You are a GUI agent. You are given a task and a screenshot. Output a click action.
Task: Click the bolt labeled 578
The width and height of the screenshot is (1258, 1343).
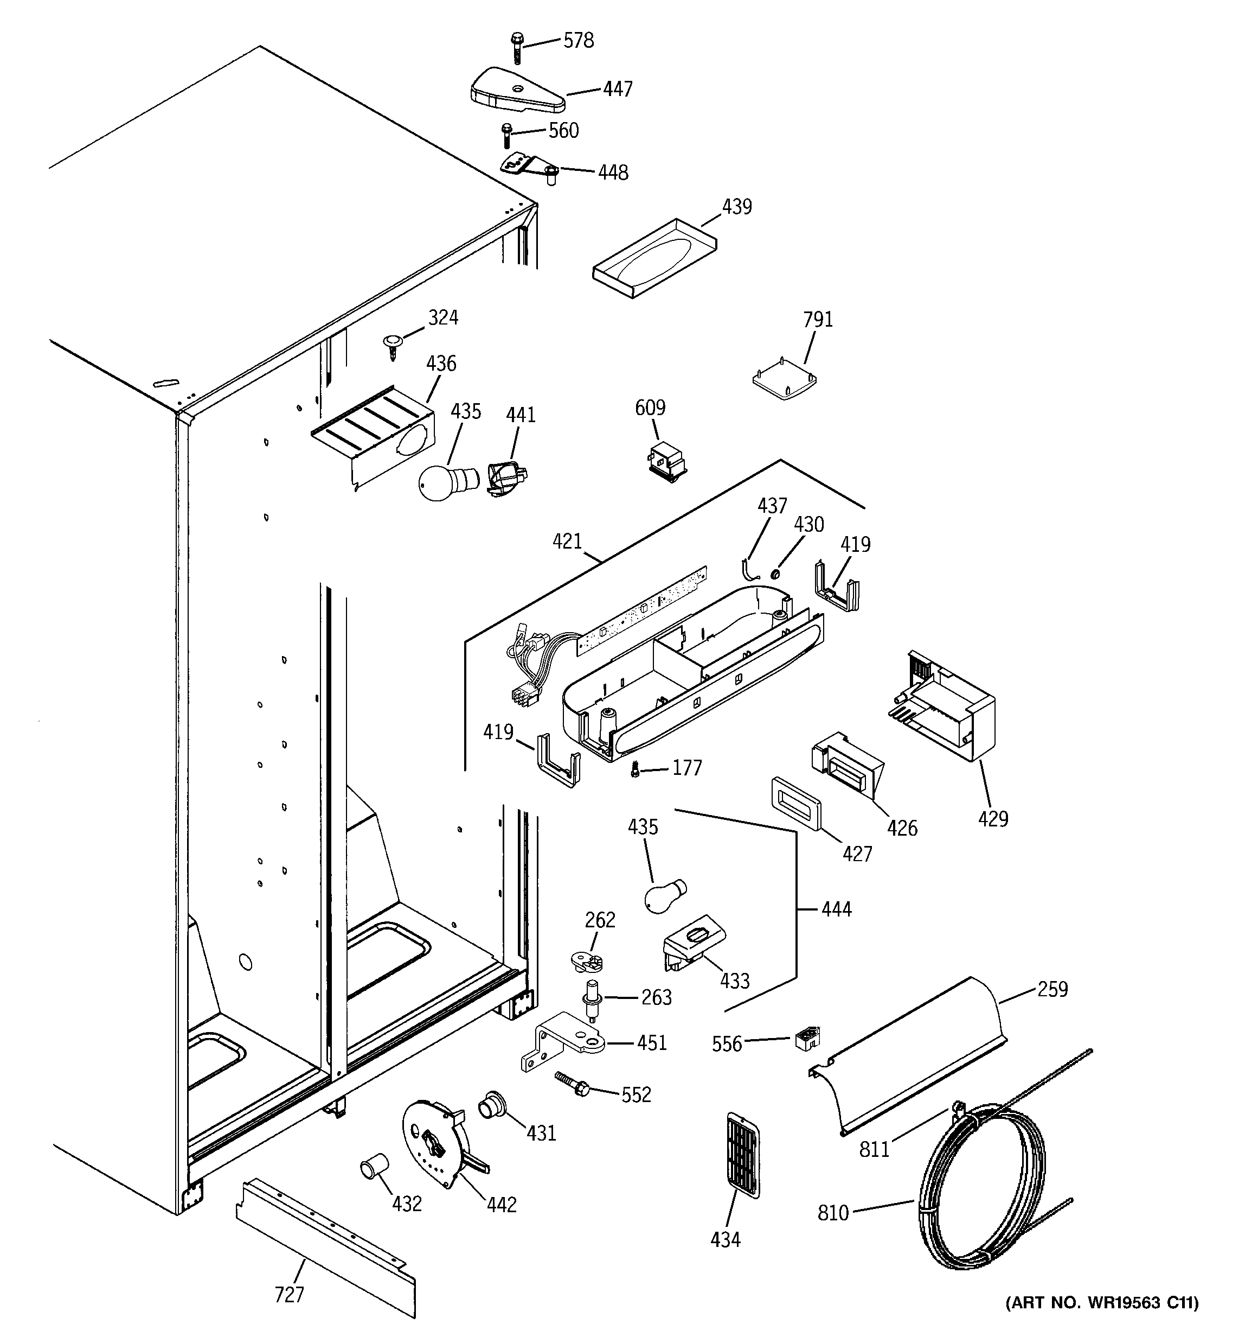tap(518, 47)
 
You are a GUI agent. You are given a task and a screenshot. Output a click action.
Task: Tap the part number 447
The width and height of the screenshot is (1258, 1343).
tap(618, 89)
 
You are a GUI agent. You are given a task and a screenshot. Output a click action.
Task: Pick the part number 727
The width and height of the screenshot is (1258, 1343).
tap(289, 1294)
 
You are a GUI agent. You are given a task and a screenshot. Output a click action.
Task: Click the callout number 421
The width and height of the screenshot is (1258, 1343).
tap(567, 541)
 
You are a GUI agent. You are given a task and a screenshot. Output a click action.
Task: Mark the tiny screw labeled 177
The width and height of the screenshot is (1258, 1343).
tap(635, 769)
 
